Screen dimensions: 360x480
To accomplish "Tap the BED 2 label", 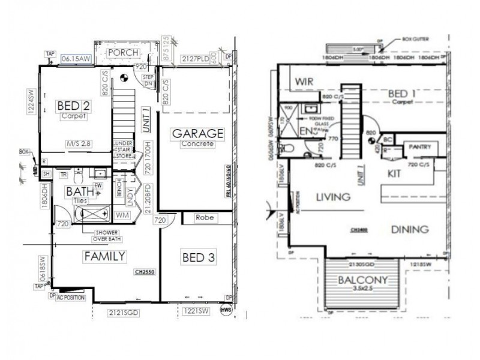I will tap(74, 106).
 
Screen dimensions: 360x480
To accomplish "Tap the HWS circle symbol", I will tap(226, 310).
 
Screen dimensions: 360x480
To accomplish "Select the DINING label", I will tap(409, 229).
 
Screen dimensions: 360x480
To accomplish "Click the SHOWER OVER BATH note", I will tap(102, 236).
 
